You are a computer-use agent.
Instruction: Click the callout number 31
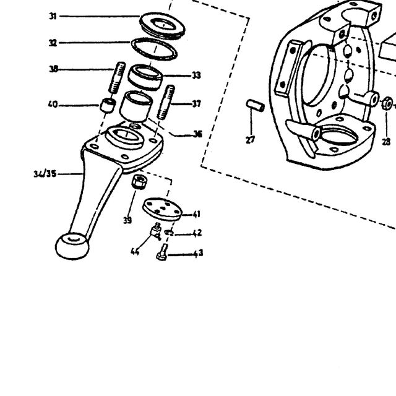53,17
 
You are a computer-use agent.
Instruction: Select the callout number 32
53,43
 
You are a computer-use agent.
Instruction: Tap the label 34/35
45,174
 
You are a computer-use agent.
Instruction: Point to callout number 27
250,139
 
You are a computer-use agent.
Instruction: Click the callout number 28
386,142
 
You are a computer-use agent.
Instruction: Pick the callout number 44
135,251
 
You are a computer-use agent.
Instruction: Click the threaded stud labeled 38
117,77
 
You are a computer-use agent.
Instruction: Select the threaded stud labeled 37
166,102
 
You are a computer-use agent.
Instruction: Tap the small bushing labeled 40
108,105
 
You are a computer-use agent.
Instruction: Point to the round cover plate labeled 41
162,209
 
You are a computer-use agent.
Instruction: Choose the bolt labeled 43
162,252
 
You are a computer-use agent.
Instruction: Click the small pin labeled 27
256,106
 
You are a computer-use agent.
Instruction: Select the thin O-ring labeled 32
154,49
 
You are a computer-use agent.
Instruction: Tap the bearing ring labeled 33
145,77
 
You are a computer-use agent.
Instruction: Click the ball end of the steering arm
72,246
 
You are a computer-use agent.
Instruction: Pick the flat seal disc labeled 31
162,26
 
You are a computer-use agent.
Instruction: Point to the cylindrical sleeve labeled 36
136,106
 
